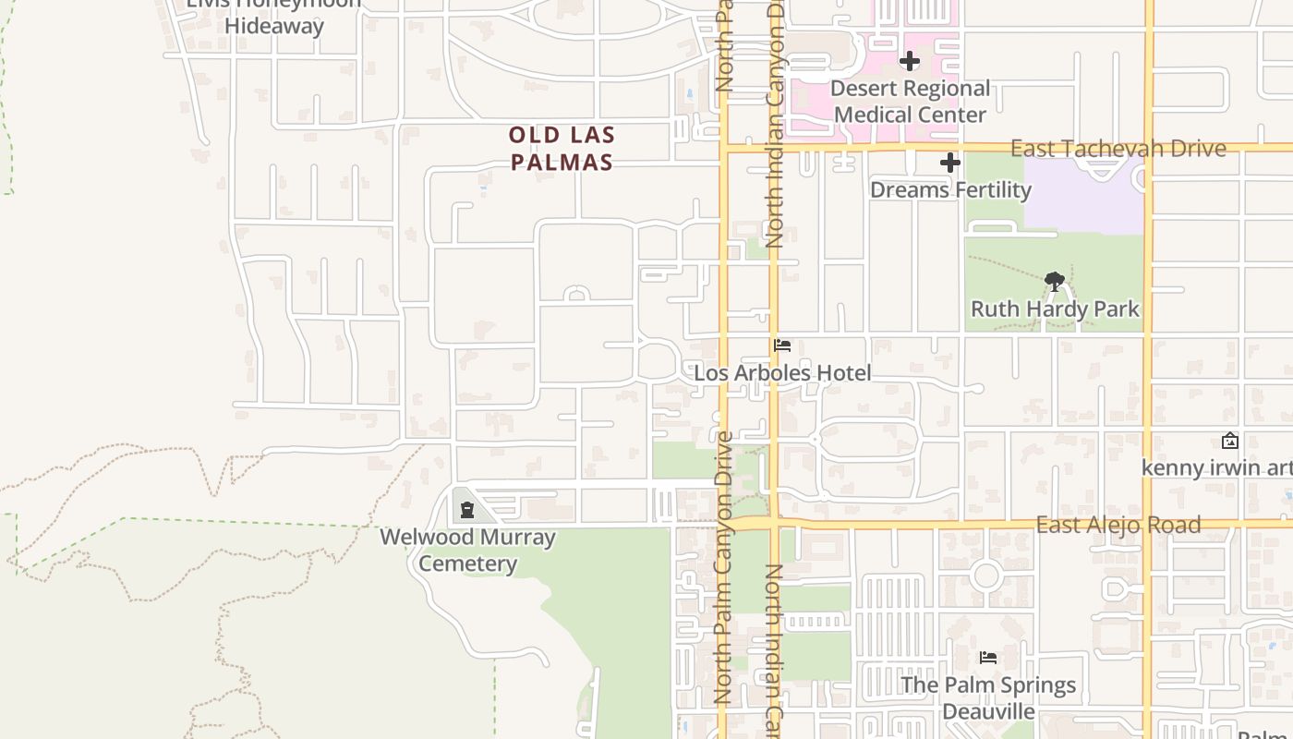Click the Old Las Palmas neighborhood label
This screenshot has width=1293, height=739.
tap(562, 149)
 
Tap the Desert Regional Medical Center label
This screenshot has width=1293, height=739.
tap(910, 102)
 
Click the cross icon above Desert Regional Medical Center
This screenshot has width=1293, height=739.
tap(910, 62)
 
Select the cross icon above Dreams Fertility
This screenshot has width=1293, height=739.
tap(950, 164)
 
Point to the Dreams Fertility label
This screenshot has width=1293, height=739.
tap(950, 190)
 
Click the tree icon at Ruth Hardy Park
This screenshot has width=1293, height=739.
tap(1054, 282)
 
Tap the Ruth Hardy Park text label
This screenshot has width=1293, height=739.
tap(1055, 309)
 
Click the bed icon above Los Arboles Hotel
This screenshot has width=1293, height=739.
tap(782, 345)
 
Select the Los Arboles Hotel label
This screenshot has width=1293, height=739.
tap(782, 373)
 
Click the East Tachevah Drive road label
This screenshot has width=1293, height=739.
tap(1118, 149)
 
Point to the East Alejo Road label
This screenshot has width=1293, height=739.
tap(1118, 525)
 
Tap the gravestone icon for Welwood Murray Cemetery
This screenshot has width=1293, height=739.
tap(466, 509)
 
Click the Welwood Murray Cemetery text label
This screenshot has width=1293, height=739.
tap(467, 550)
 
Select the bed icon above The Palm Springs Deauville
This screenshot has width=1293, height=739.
tap(988, 658)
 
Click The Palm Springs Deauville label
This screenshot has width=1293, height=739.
tap(988, 697)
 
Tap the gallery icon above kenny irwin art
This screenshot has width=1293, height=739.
tap(1229, 441)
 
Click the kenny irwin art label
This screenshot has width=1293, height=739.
tap(1216, 467)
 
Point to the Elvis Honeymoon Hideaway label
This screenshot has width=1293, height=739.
tap(274, 15)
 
